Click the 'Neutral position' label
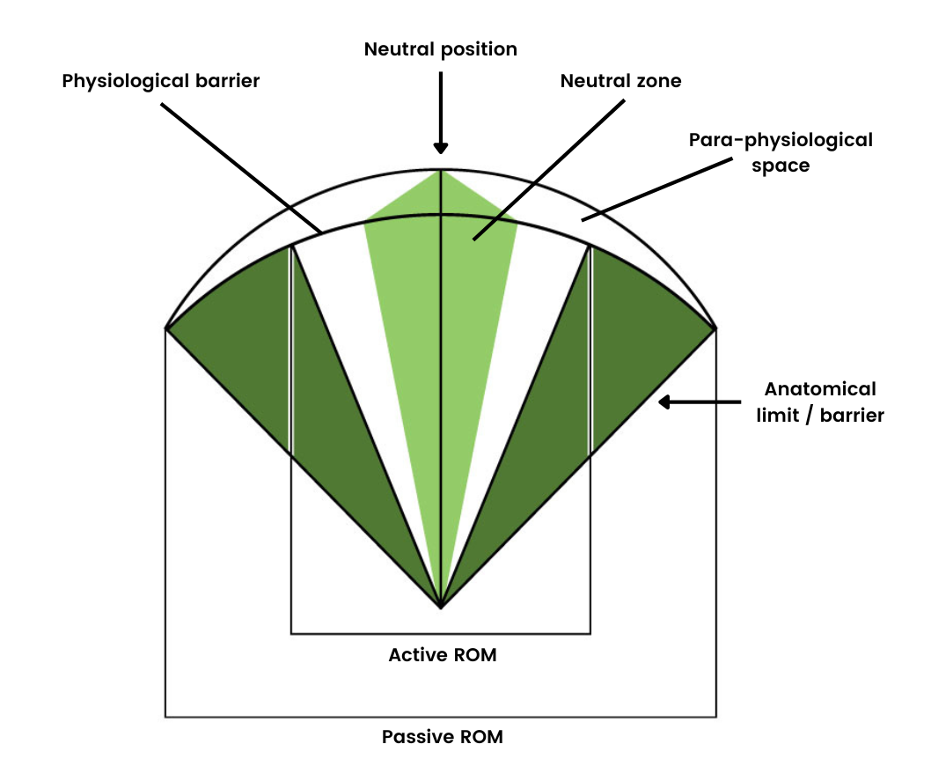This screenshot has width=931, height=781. (x=440, y=49)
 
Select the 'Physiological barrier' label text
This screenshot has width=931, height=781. (x=161, y=81)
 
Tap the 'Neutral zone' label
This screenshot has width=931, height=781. (x=621, y=81)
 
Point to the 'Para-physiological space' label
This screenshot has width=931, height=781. (x=781, y=152)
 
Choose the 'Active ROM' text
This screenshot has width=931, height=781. (x=442, y=655)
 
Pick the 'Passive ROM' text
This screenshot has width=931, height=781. (x=442, y=737)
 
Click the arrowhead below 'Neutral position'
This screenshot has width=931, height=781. (x=440, y=148)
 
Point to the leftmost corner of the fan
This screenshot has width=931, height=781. (x=166, y=328)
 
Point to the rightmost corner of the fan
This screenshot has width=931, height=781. (x=715, y=328)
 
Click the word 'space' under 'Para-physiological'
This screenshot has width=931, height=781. (x=781, y=166)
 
